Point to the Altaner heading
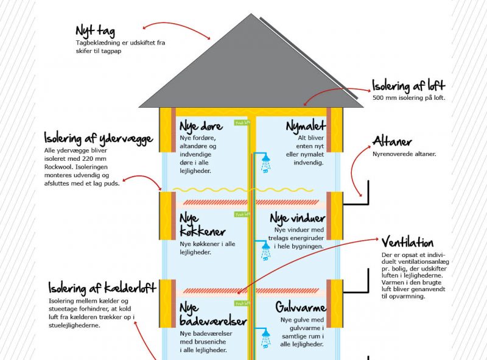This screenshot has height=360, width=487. pyautogui.click(x=392, y=142)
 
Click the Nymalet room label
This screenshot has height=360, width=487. pyautogui.click(x=306, y=127)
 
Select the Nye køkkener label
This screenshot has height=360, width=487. pyautogui.click(x=203, y=225)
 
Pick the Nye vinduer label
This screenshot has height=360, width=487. pyautogui.click(x=298, y=218)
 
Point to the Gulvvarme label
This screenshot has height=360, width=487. pyautogui.click(x=301, y=306)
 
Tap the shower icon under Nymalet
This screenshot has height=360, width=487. pyautogui.click(x=265, y=163)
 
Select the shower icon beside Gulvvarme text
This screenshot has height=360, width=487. pyautogui.click(x=265, y=337)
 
